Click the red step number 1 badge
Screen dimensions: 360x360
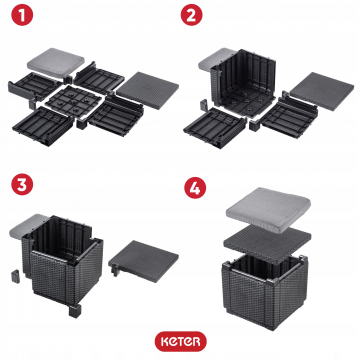(22, 15)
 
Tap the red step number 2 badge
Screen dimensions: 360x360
(192, 15)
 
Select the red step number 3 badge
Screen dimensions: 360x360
(22, 184)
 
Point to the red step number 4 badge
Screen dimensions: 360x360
(195, 188)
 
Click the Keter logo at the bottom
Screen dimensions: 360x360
(180, 341)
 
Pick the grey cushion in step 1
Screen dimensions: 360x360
(55, 62)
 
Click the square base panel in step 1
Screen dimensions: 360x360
(73, 102)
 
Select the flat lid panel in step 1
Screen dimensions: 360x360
(148, 90)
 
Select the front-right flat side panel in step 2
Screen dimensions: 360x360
(288, 115)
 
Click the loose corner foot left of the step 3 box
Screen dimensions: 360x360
(15, 276)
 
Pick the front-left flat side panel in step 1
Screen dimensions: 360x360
(43, 126)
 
